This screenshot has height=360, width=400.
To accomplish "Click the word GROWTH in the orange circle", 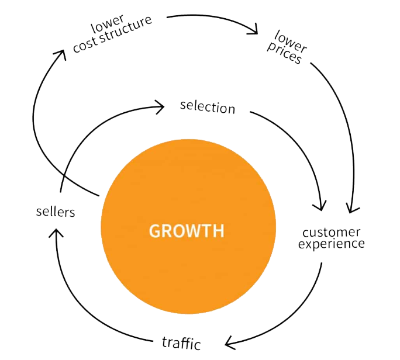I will point(187,230).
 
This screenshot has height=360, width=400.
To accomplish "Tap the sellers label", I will point(55,211).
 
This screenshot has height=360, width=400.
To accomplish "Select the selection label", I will point(208,107).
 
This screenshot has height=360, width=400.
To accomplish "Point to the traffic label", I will point(181,342).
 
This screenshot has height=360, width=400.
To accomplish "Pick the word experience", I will point(332,244).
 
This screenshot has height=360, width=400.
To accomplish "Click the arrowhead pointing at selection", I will point(159,106).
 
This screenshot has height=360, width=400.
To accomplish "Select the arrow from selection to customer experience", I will point(298,137).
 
